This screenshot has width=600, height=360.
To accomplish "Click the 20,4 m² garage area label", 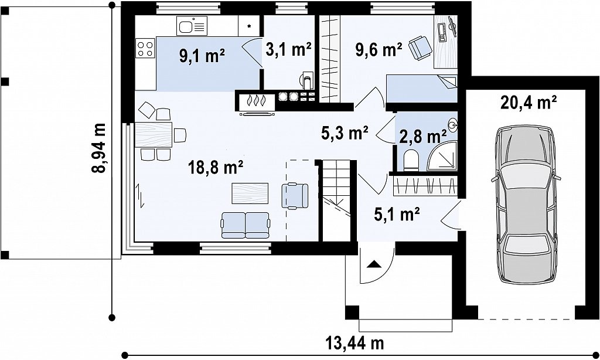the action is (x=529, y=103).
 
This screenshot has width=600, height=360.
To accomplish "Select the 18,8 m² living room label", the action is (x=216, y=167).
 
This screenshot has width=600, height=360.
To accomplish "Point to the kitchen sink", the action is (x=192, y=26).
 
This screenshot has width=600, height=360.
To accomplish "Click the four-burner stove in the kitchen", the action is (x=145, y=49).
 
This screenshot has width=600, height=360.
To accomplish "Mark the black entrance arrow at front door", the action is (x=374, y=264).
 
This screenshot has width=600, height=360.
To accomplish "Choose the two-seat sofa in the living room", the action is (x=246, y=225).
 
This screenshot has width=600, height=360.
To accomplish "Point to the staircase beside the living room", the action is (x=336, y=201).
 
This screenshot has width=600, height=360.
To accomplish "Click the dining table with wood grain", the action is (x=154, y=134).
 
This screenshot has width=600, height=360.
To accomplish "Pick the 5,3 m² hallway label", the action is (x=345, y=133).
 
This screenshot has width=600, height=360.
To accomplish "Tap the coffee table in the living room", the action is (x=250, y=193).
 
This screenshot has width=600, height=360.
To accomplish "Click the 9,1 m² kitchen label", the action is (x=202, y=56).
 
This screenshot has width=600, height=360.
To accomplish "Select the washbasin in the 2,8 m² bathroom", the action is (x=453, y=124).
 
